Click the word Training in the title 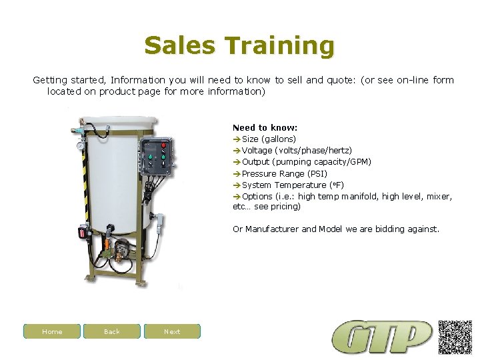279,46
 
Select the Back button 112,331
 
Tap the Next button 172,331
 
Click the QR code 455,337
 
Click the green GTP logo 382,337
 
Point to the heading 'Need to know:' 265,127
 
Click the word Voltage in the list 257,151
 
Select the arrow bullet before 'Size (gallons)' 237,139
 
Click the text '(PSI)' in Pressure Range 316,173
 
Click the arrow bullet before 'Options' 237,197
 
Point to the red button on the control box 163,146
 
